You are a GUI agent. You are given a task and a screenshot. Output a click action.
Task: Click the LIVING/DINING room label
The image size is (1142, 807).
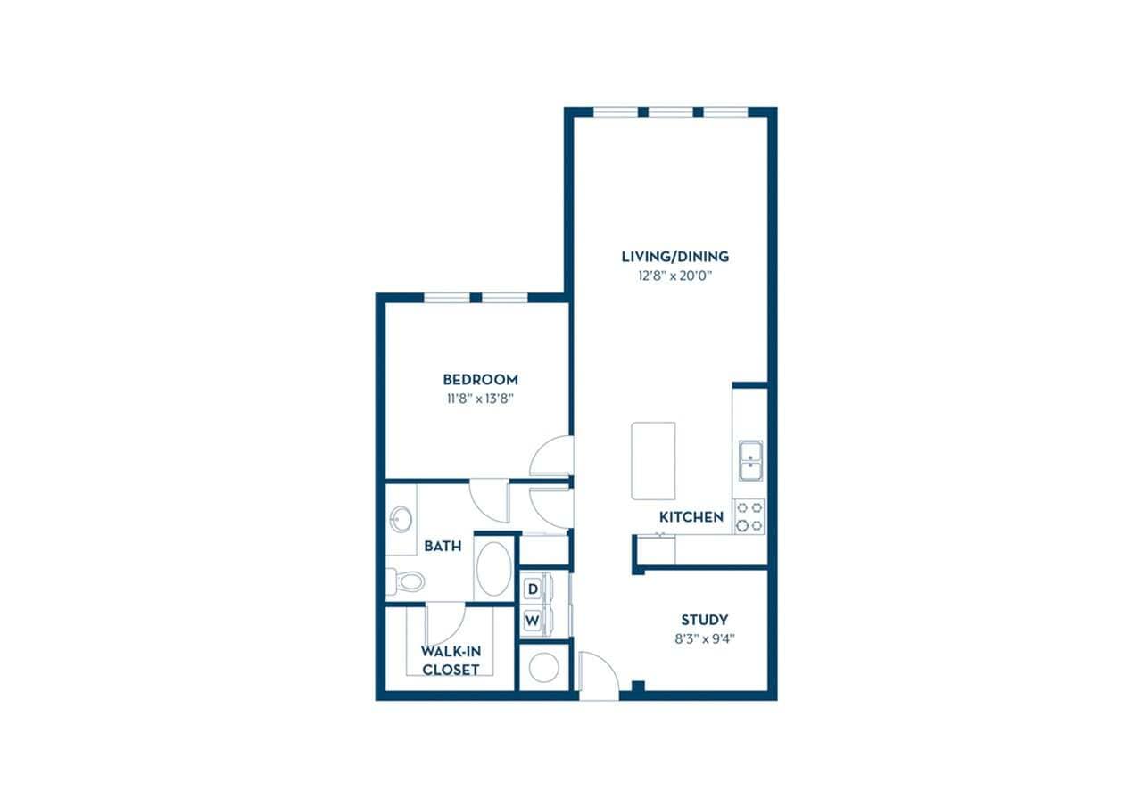(x=674, y=257)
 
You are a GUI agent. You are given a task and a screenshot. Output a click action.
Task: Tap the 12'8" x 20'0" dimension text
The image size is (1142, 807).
(x=674, y=276)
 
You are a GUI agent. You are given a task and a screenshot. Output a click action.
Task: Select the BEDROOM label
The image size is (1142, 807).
(x=482, y=379)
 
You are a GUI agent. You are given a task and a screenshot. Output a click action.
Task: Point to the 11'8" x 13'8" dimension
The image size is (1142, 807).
(x=482, y=399)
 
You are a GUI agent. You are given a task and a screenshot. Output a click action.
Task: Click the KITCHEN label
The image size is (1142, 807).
(x=691, y=517)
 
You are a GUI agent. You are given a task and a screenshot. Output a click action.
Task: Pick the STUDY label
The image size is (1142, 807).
(x=704, y=620)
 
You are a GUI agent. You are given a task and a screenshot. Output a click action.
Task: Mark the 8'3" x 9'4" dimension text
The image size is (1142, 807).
(x=704, y=638)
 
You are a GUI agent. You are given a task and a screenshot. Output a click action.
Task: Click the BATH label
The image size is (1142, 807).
(x=443, y=546)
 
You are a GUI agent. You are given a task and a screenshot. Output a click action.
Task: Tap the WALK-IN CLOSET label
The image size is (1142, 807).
(x=451, y=661)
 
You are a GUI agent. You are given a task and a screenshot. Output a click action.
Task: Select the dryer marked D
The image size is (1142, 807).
(x=533, y=589)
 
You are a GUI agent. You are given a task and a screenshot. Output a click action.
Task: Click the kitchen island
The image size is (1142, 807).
(x=653, y=461)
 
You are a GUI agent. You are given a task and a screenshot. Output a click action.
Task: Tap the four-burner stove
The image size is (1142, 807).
(x=749, y=515)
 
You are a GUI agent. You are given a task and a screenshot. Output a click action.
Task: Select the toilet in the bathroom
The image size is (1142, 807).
(x=407, y=581)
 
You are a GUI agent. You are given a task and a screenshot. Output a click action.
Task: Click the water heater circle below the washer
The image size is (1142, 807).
(x=543, y=666)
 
